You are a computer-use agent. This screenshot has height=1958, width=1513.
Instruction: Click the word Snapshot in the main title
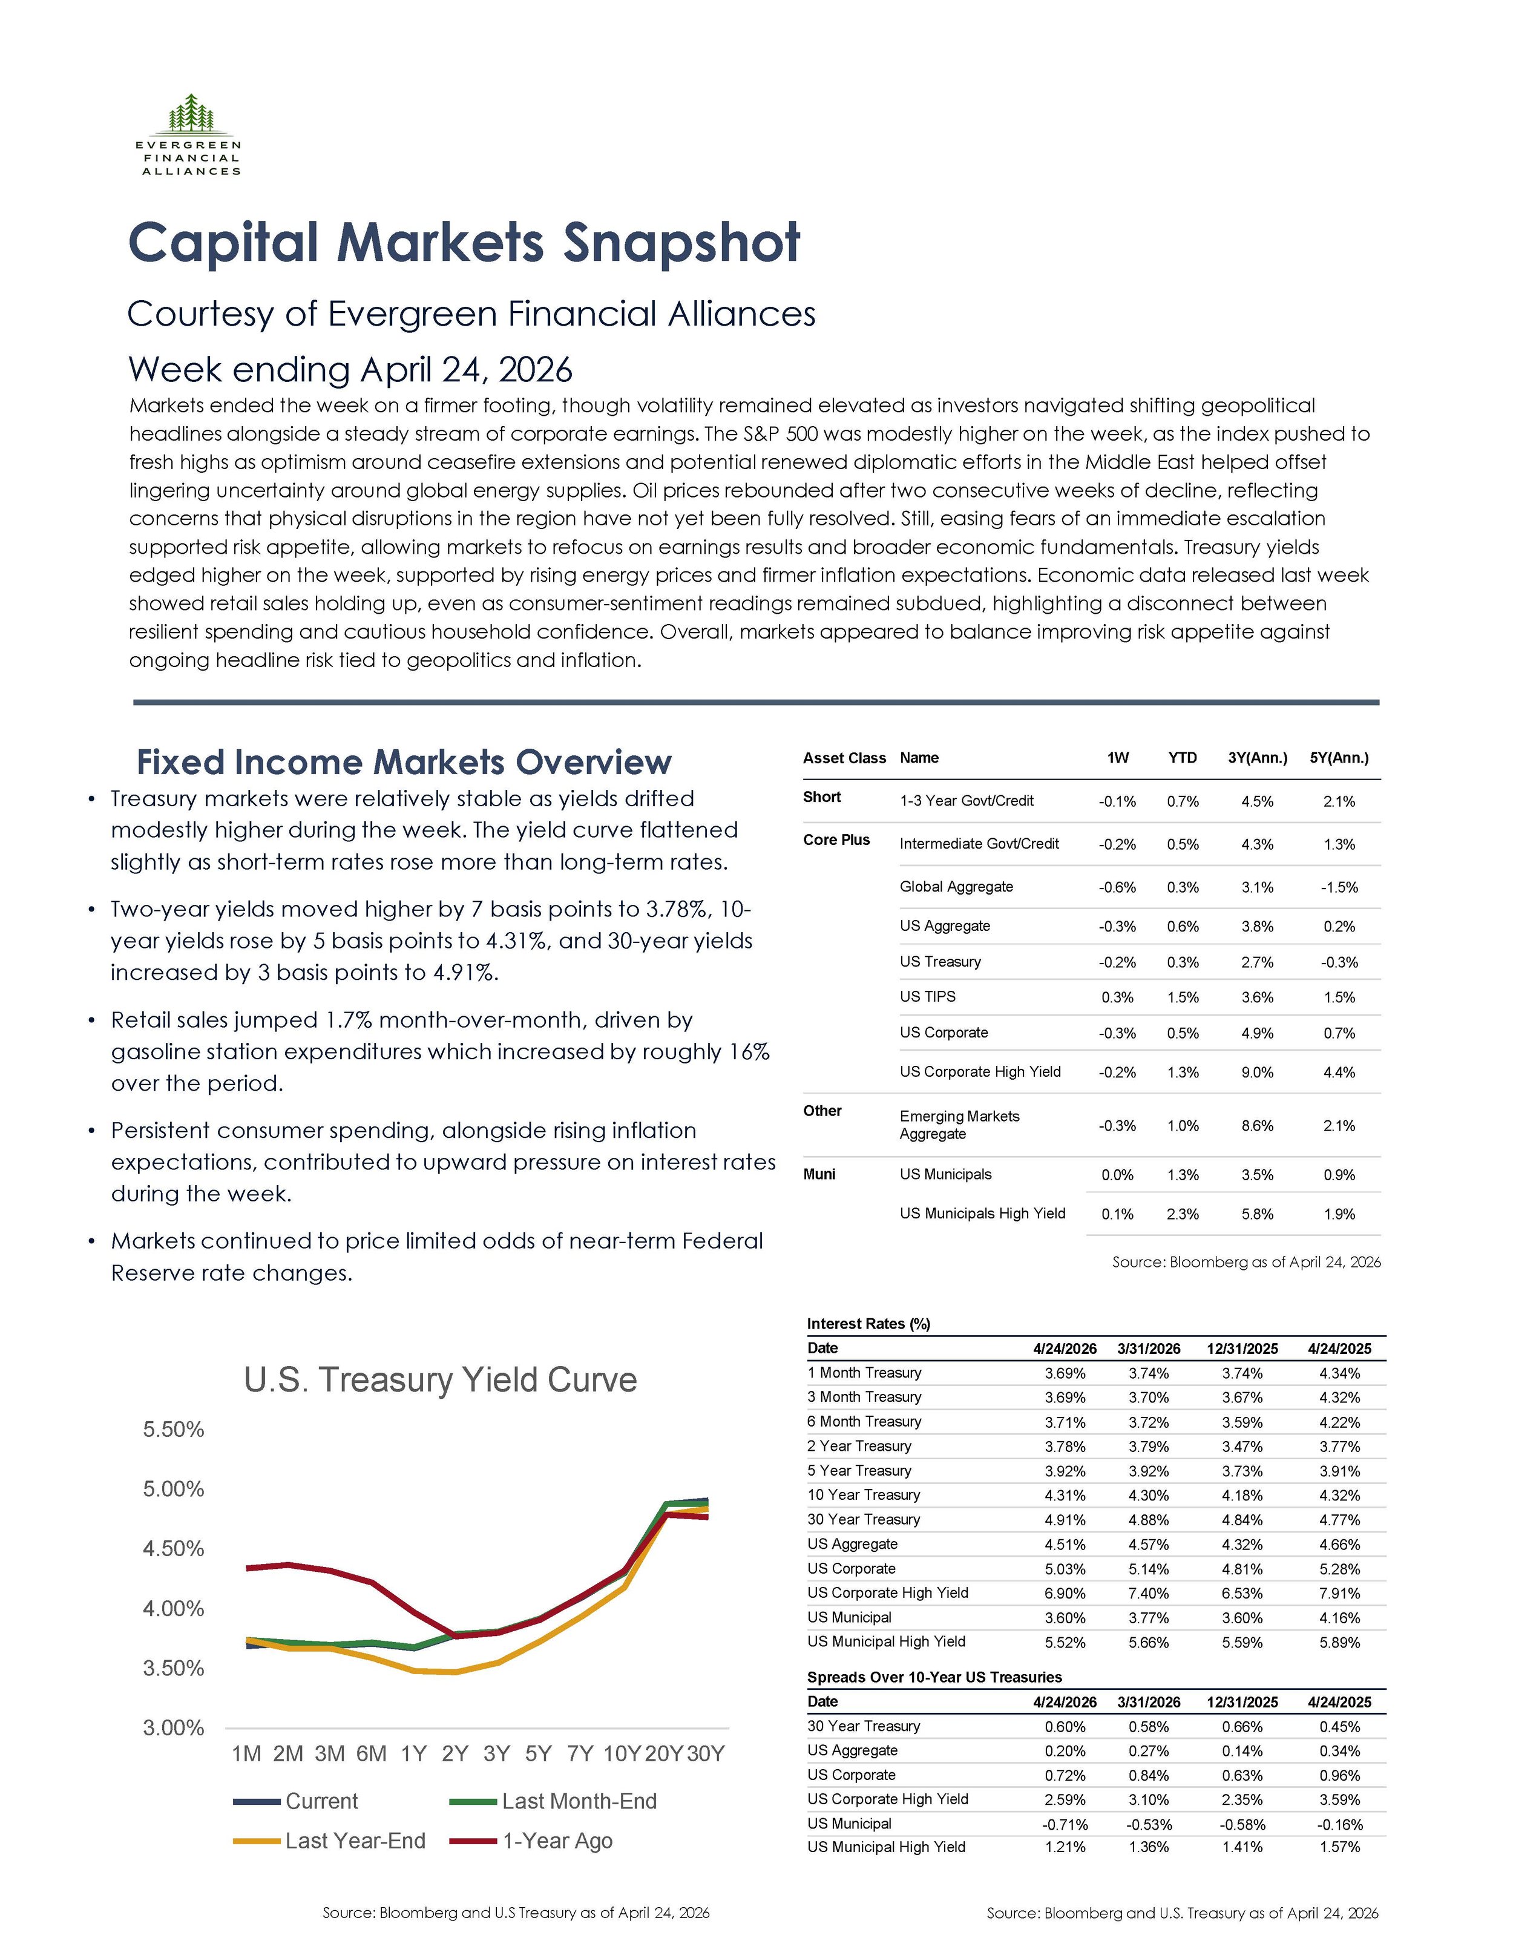(x=681, y=244)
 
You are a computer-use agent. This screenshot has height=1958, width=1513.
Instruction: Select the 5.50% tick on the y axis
(x=174, y=1429)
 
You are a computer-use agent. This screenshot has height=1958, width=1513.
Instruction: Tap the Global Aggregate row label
(x=956, y=887)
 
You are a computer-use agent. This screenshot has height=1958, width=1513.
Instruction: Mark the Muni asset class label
(x=819, y=1174)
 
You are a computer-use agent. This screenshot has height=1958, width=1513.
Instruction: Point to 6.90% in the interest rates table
(x=1065, y=1593)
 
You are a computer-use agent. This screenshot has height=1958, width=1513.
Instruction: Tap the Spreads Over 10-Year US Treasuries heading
(x=934, y=1677)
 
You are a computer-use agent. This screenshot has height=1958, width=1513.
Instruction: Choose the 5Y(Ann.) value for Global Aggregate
(x=1339, y=887)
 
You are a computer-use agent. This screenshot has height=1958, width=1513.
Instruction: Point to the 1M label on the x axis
(x=246, y=1753)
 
